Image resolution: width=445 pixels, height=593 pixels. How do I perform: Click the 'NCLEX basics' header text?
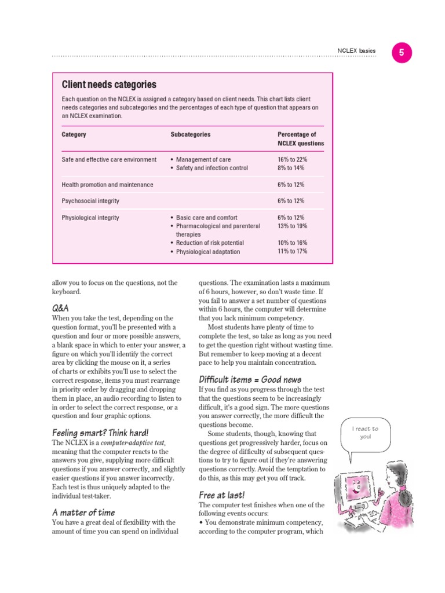(356, 51)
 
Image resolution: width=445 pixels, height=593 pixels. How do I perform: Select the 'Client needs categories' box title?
(109, 85)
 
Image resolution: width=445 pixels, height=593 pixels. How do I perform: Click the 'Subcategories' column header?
(190, 134)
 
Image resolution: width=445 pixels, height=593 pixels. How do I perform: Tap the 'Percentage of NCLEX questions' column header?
(300, 139)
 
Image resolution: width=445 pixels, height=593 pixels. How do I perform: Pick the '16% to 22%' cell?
(292, 159)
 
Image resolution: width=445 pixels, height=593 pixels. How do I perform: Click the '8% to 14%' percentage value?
(290, 168)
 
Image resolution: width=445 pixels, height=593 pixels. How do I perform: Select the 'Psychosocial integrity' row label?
(90, 201)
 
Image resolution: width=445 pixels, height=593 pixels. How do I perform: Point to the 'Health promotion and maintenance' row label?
(107, 185)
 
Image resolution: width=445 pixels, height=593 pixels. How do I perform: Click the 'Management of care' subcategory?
(203, 159)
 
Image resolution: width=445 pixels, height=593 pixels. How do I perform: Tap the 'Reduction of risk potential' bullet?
(209, 243)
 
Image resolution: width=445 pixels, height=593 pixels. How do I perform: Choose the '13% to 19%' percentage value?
(292, 226)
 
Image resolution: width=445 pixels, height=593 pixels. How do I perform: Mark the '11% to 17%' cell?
(292, 251)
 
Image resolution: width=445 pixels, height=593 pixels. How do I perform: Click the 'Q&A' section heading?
(60, 308)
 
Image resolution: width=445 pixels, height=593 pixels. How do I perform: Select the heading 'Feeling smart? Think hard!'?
(100, 433)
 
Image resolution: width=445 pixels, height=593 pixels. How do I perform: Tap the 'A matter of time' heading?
(83, 512)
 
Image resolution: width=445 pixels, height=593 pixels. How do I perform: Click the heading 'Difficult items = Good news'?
(250, 379)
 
